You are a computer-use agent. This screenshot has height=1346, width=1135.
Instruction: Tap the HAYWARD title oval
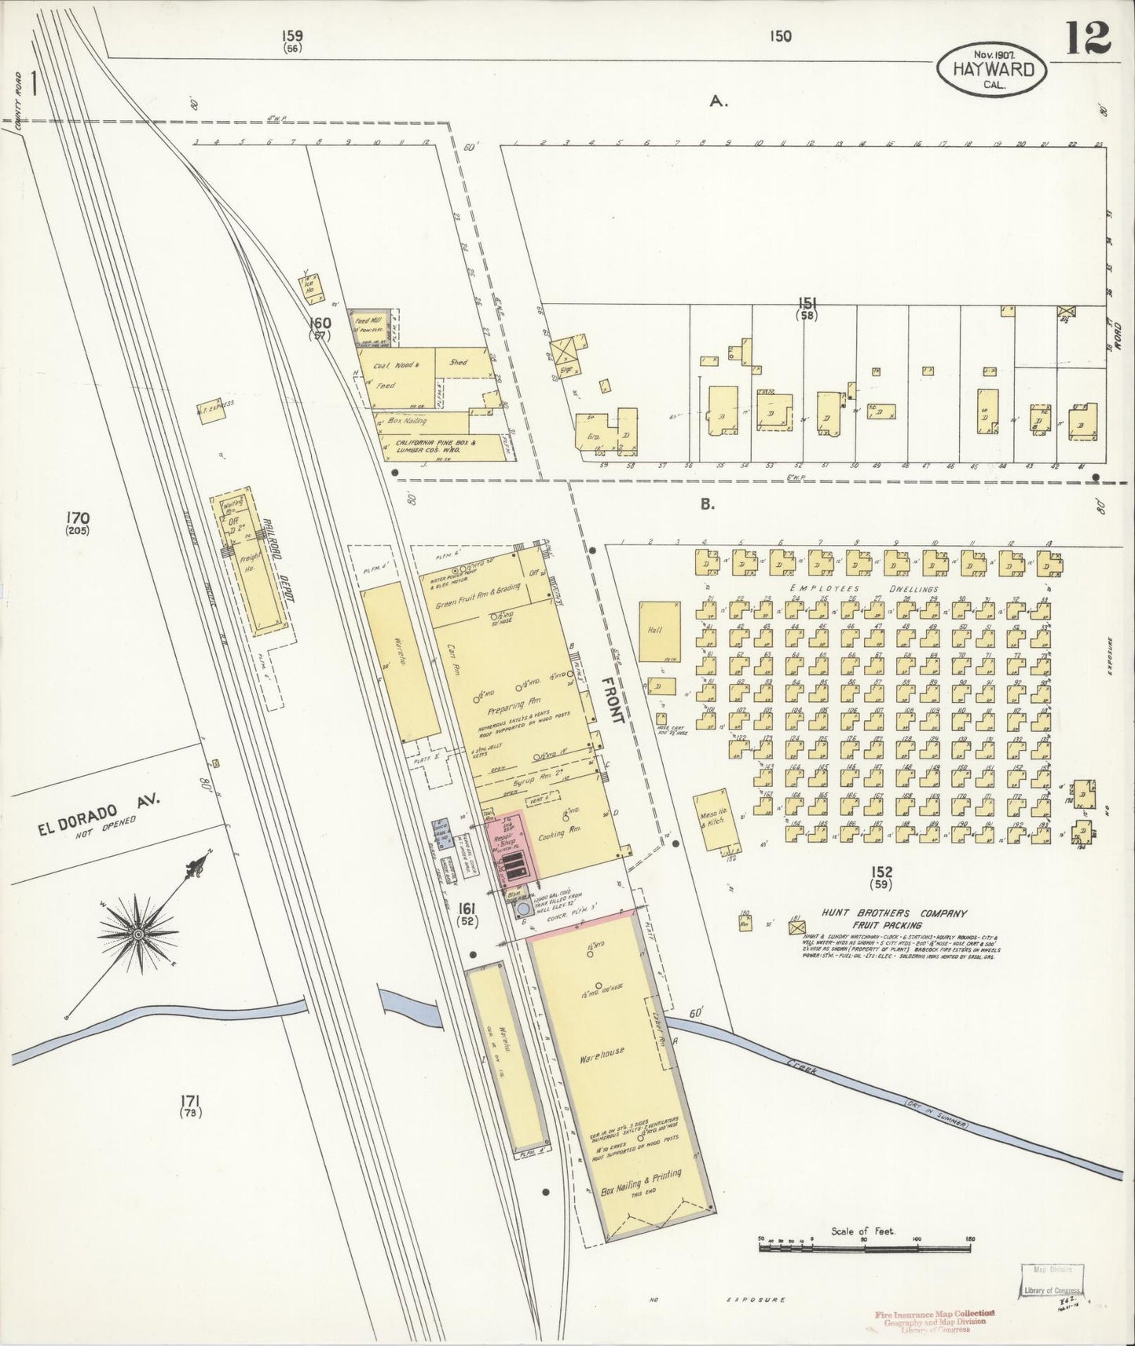point(994,68)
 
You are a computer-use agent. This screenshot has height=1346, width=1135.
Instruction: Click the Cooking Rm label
point(553,835)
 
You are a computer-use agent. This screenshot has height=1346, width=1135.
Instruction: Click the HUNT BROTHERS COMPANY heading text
point(893,914)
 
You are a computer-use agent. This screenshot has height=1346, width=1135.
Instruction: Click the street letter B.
point(708,504)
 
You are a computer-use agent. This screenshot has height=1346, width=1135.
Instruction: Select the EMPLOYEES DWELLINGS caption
point(864,588)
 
